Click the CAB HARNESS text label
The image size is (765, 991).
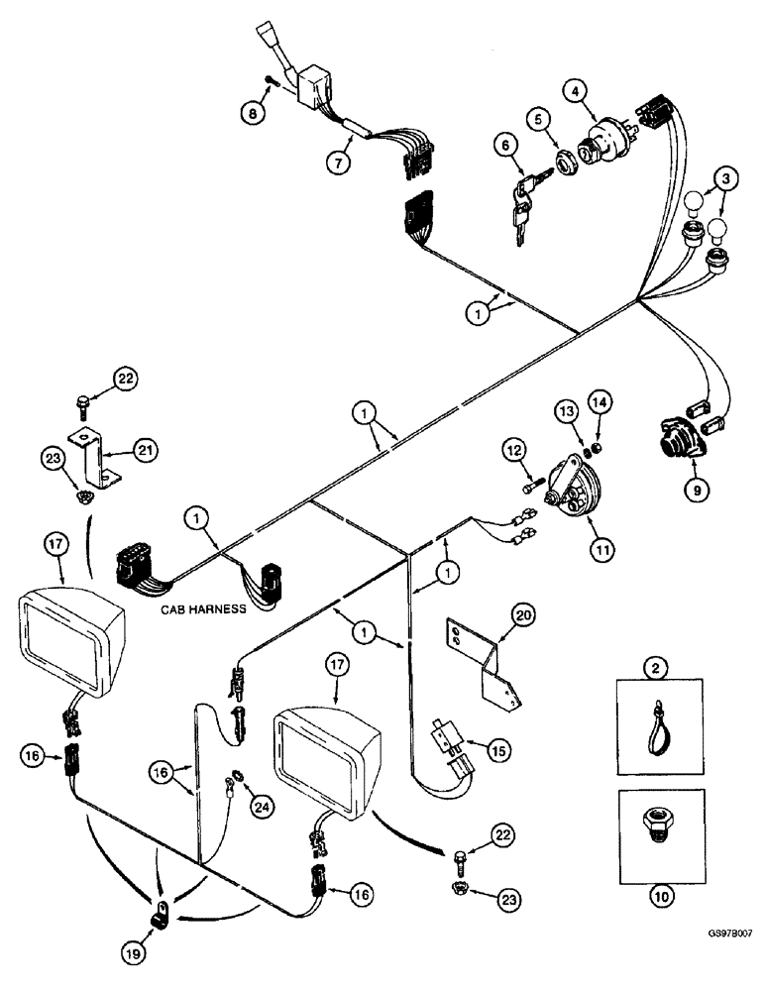coord(204,611)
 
